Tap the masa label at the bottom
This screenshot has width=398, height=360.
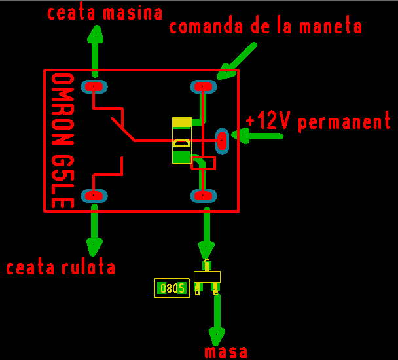pyautogui.click(x=226, y=352)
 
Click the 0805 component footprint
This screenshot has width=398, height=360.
pyautogui.click(x=172, y=288)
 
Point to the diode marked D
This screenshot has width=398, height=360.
pyautogui.click(x=181, y=140)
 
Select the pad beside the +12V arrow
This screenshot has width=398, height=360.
pyautogui.click(x=222, y=139)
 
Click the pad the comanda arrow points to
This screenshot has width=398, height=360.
pyautogui.click(x=203, y=86)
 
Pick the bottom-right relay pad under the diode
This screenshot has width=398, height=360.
pyautogui.click(x=203, y=195)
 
